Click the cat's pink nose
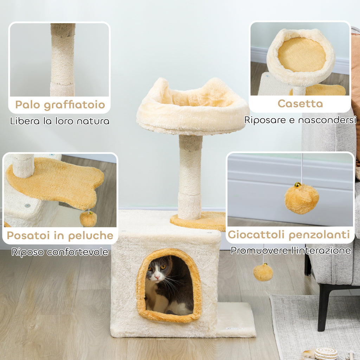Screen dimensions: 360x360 157,277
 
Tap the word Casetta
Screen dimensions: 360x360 300,104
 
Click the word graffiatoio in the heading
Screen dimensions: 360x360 75,105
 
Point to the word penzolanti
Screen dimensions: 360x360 319,235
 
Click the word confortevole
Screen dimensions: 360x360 77,252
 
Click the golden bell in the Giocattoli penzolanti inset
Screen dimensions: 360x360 297,185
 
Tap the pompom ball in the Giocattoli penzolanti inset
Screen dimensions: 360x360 302,199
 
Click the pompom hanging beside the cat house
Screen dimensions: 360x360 263,272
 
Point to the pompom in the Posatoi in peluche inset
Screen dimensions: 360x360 88,219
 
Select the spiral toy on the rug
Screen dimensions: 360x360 326,354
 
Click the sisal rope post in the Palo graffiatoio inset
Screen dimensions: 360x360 63,60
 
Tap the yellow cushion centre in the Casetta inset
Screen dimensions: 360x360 302,54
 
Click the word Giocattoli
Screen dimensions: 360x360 257,235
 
